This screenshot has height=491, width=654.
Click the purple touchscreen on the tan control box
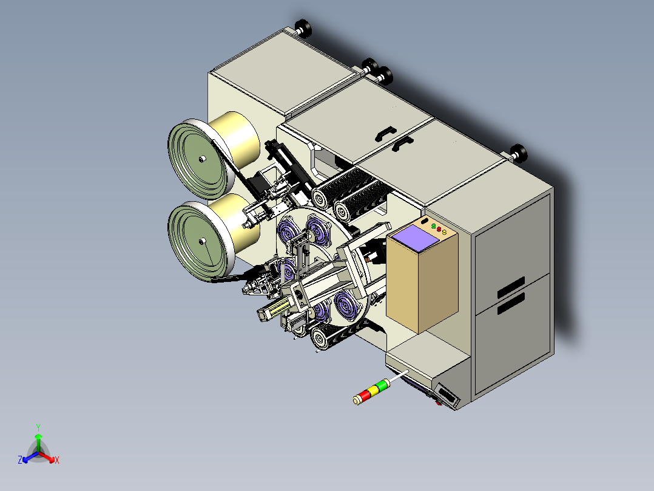pos(414,238)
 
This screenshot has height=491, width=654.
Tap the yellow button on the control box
pos(444,232)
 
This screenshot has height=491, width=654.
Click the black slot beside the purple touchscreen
pos(425,221)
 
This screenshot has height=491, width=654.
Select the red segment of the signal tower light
pos(365,395)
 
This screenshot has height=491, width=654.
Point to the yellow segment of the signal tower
pos(373,390)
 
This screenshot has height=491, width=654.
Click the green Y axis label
pos(38,427)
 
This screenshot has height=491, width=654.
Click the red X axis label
pos(57,460)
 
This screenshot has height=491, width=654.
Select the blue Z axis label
pos(20,460)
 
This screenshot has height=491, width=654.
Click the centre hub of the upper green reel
pos(202,159)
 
